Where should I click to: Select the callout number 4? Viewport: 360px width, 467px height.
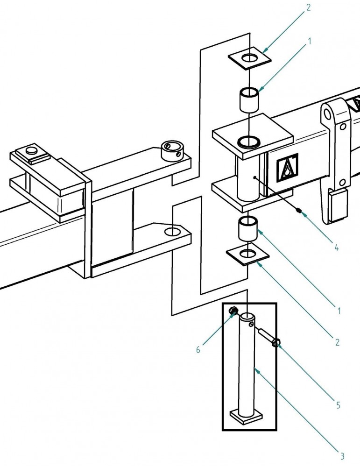[336, 248]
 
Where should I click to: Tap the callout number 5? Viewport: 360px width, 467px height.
[338, 405]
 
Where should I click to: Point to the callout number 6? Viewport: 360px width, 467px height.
[198, 350]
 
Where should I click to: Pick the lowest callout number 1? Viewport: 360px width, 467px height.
[339, 310]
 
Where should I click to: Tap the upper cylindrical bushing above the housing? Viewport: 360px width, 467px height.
[249, 99]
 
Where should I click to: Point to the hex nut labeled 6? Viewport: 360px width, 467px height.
[234, 311]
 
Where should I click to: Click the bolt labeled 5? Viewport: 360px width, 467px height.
[270, 340]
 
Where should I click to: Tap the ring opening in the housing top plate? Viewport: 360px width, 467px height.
[249, 141]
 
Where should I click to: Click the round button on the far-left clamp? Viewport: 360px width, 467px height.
[31, 150]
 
